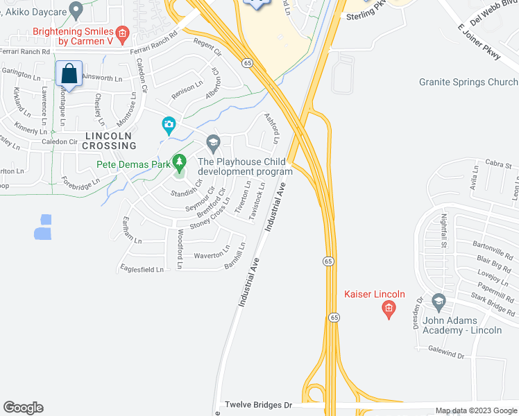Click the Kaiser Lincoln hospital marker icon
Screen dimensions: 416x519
pos(389,309)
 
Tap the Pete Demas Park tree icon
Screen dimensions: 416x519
pos(180,164)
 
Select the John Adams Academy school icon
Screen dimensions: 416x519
pos(439,302)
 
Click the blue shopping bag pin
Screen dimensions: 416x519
pos(69,73)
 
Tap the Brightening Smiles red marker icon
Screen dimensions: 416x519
pos(123,33)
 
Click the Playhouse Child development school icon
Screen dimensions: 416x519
pos(213,145)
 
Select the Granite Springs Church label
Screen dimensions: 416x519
pos(468,82)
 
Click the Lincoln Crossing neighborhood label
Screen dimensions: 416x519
pos(109,141)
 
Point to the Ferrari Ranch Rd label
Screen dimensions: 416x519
pos(26,51)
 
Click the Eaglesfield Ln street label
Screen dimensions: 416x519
pos(141,269)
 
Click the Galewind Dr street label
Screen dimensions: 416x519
pos(445,354)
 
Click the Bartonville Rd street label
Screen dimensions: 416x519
pos(492,245)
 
